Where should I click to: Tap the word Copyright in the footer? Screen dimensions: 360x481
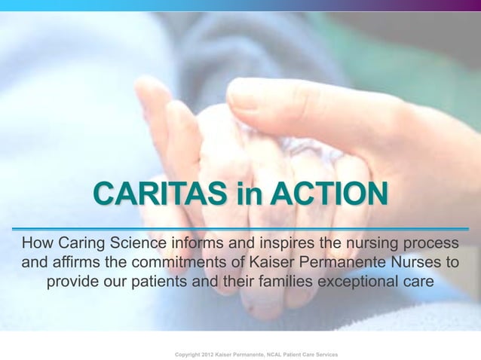click(190, 353)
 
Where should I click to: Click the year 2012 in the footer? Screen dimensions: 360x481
click(216, 353)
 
